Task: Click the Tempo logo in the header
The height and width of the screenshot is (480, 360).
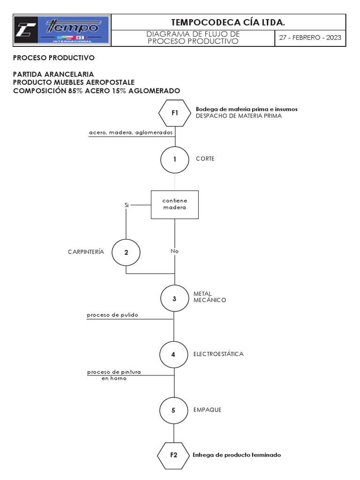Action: pyautogui.click(x=62, y=30)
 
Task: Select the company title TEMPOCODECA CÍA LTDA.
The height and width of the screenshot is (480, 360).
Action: pyautogui.click(x=228, y=22)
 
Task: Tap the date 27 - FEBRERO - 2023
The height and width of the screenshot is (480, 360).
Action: pyautogui.click(x=310, y=38)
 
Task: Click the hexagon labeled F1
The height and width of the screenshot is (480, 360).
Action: pyautogui.click(x=174, y=112)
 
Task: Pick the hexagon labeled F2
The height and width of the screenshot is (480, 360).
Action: pyautogui.click(x=174, y=454)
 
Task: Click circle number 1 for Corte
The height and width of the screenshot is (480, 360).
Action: pyautogui.click(x=174, y=159)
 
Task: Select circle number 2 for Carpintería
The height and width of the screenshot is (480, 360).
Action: pyautogui.click(x=126, y=252)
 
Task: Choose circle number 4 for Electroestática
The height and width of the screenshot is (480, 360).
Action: pyautogui.click(x=173, y=354)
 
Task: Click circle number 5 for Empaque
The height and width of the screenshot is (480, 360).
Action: pyautogui.click(x=173, y=410)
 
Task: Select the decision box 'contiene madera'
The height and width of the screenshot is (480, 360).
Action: pyautogui.click(x=174, y=204)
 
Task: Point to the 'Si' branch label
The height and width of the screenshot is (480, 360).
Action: pyautogui.click(x=126, y=205)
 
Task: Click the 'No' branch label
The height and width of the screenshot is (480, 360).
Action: pyautogui.click(x=175, y=251)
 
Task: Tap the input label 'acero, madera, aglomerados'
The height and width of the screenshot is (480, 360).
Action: pyautogui.click(x=131, y=133)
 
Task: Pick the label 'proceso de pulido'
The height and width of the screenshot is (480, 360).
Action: pyautogui.click(x=112, y=315)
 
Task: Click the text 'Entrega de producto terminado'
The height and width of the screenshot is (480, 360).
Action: pyautogui.click(x=237, y=455)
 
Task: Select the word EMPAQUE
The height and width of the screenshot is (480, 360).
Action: pyautogui.click(x=207, y=410)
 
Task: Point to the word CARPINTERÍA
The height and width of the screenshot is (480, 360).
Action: pyautogui.click(x=86, y=251)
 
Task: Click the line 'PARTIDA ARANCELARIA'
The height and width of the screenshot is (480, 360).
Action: pyautogui.click(x=53, y=74)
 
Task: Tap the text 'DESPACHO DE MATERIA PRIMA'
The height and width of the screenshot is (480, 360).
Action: pyautogui.click(x=239, y=115)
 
